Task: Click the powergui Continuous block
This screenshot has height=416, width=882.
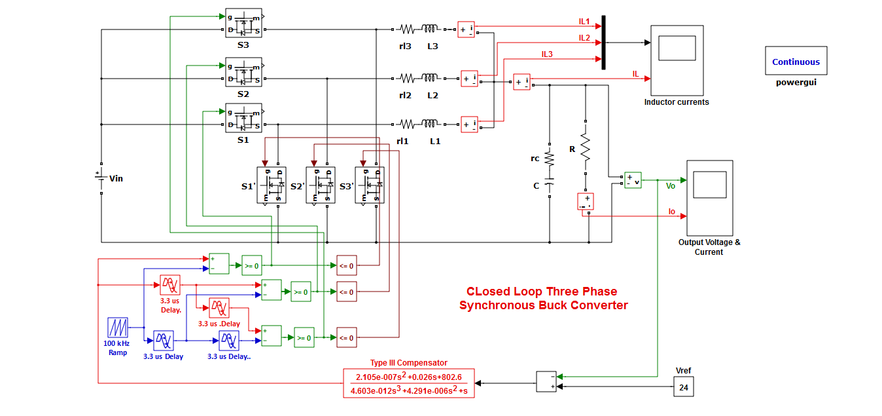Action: pos(796,62)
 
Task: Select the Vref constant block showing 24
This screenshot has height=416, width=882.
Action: pos(684,387)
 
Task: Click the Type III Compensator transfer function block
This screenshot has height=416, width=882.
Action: pos(409,384)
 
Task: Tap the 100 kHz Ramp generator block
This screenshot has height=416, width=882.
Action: pos(117,328)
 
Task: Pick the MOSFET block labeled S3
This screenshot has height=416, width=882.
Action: pos(243,24)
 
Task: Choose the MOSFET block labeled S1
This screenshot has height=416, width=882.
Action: pos(243,119)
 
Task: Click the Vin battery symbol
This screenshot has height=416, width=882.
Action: pos(101,179)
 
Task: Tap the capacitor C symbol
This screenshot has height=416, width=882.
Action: pos(549,185)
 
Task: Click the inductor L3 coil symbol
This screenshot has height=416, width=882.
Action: pos(430,29)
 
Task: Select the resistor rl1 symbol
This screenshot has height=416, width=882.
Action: pos(407,123)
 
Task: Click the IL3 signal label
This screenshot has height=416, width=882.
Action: pos(547,54)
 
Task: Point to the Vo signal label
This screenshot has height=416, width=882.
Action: pos(670,186)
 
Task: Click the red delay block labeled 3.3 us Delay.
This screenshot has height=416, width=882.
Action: pos(170,285)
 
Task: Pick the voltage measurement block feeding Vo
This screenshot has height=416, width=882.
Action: pos(632,180)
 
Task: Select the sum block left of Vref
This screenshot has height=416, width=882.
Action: pos(546,381)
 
